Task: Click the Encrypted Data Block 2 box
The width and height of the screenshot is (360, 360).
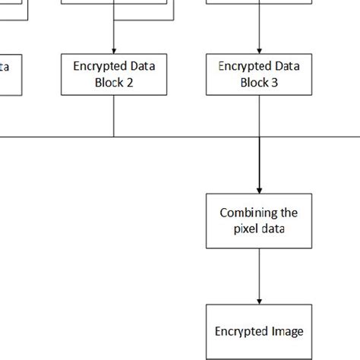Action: [114, 74]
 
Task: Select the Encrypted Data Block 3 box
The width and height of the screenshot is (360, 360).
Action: [259, 74]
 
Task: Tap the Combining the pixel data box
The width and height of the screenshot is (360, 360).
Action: [259, 221]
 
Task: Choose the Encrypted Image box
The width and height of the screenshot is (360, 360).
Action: [259, 331]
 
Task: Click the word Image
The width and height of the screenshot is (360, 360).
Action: [287, 331]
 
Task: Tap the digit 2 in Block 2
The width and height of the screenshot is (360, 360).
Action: [130, 83]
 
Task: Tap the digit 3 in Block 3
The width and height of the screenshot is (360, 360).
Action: [275, 83]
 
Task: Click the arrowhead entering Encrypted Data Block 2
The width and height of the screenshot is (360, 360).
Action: [114, 51]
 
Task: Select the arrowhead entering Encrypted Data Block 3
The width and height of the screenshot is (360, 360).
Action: [259, 51]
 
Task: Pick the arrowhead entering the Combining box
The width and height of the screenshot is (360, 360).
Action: [259, 190]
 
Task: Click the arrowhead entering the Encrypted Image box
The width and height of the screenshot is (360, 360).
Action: [259, 301]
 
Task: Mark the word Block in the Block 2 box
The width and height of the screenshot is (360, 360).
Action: [109, 83]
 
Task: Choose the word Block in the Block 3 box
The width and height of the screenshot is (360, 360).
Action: [254, 83]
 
